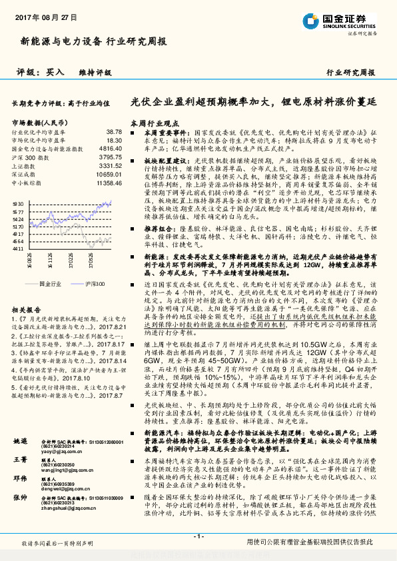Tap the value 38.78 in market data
coord(114,133)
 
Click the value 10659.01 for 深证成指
coord(110,173)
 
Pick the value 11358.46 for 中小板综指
coord(110,181)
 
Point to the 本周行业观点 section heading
coord(154,123)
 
